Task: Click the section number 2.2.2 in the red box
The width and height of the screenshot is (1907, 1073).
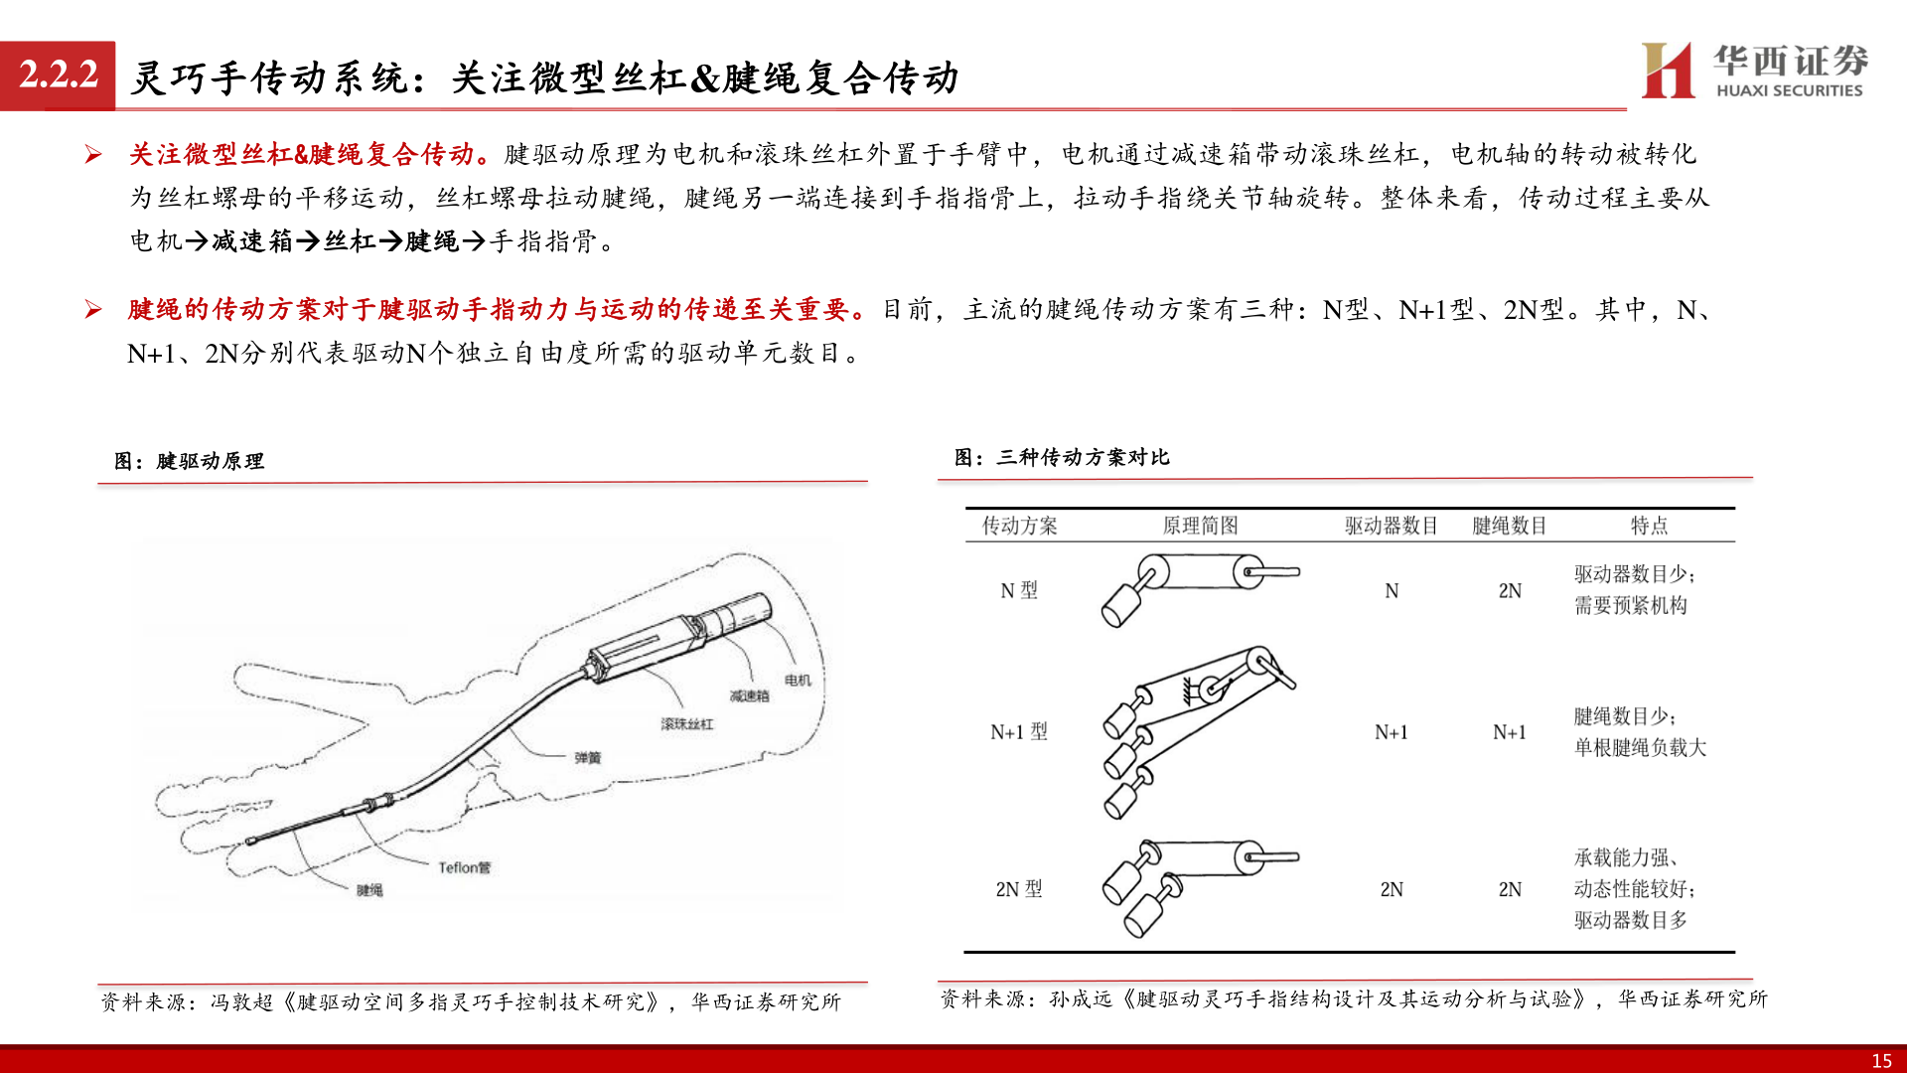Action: pyautogui.click(x=59, y=75)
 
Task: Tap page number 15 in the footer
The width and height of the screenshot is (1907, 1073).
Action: pyautogui.click(x=1880, y=1060)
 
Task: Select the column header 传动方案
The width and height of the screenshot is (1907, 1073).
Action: pyautogui.click(x=1019, y=526)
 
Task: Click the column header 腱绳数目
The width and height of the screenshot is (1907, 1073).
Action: pyautogui.click(x=1509, y=526)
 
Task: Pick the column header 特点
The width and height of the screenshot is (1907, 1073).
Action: pyautogui.click(x=1649, y=526)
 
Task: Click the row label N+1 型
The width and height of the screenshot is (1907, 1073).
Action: pyautogui.click(x=1019, y=732)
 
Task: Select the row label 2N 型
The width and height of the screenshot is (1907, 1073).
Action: pyautogui.click(x=1019, y=889)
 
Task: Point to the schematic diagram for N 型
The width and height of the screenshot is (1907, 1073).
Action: pyautogui.click(x=1200, y=588)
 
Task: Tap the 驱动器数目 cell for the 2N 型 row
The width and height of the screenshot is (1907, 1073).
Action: pyautogui.click(x=1392, y=889)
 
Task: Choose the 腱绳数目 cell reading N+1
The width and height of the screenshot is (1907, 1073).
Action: pyautogui.click(x=1509, y=732)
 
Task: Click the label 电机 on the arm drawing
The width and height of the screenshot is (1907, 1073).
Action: pyautogui.click(x=798, y=681)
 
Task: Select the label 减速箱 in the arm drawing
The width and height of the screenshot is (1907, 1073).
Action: pyautogui.click(x=749, y=696)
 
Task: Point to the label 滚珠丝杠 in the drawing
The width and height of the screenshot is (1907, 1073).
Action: pyautogui.click(x=686, y=724)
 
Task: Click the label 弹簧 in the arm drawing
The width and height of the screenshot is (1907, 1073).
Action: pyautogui.click(x=587, y=758)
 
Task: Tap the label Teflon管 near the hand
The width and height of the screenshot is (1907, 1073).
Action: pyautogui.click(x=464, y=867)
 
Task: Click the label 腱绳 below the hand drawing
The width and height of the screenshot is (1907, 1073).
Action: pyautogui.click(x=369, y=890)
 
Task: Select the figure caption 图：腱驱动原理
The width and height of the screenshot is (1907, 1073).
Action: pyautogui.click(x=189, y=461)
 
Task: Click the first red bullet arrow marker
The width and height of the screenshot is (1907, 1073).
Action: pyautogui.click(x=93, y=154)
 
